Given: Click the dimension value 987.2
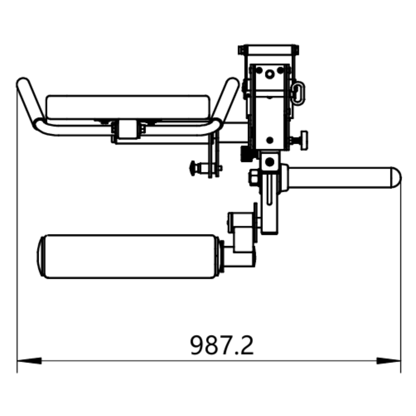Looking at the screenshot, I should pos(222,345).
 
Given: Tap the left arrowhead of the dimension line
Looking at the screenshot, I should pos(29,361).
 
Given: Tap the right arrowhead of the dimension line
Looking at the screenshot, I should pos(388,361).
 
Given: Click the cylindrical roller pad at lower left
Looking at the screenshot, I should pos(128,256).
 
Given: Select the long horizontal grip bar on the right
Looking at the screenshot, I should pos(340,178).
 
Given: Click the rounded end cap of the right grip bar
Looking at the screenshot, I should pos(396,178).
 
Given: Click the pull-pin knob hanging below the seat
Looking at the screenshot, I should pos(194,168).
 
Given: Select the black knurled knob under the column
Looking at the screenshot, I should pos(246,154).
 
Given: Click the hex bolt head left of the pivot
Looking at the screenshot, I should pos(253,177).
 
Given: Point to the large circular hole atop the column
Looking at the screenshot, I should pos(269,73).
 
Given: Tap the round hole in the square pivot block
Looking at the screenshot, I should pos(270,162).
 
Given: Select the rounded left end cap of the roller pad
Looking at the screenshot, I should pos(41,256).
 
